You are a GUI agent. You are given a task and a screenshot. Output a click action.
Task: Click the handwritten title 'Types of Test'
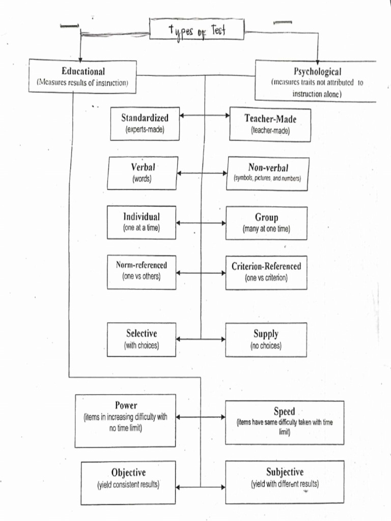[197, 30]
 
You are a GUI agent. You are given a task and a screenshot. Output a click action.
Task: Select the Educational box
[82, 76]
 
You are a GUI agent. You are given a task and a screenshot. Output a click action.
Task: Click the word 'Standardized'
[145, 118]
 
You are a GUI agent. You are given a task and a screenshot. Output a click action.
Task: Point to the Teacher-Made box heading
[270, 119]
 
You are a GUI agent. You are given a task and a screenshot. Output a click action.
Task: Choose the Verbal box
[143, 173]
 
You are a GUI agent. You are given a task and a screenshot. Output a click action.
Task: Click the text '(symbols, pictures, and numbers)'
[267, 179]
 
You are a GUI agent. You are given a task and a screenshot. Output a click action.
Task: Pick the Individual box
[142, 222]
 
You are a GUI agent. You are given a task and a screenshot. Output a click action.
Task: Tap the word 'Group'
[266, 218]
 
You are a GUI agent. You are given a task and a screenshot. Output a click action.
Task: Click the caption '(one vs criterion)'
[266, 278]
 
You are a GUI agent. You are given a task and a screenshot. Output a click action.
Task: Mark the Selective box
[142, 339]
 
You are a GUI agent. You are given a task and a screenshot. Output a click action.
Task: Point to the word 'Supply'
[266, 334]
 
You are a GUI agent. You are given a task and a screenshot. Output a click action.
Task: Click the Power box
[125, 420]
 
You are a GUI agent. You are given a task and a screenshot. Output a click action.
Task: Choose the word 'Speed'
[284, 412]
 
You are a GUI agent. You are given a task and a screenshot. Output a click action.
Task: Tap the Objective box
[128, 482]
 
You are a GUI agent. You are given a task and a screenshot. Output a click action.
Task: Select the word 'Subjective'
[285, 472]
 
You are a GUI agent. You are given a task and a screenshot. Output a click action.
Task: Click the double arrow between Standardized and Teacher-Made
[205, 115]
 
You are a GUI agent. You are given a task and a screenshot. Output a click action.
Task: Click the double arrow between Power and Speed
[201, 417]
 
